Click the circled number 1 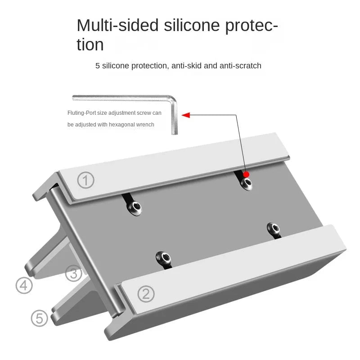point(86,180)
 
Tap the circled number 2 point(145,294)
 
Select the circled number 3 point(74,273)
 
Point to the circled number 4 point(24,285)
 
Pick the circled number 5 point(40,318)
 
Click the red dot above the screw point(246,174)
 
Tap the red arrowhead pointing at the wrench point(185,115)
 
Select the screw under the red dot point(247,182)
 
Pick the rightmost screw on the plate point(273,229)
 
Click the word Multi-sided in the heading point(117,25)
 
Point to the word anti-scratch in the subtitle point(240,66)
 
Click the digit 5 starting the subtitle point(98,66)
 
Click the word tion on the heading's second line point(90,45)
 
